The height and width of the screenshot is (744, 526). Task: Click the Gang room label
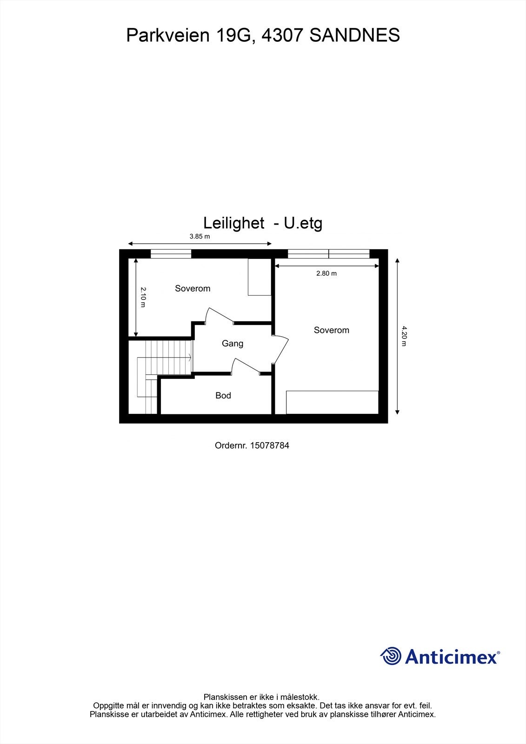[233, 344]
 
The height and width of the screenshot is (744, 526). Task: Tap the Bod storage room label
[223, 396]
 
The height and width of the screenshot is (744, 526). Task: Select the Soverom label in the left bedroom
[193, 289]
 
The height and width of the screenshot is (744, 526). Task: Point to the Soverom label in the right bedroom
[331, 331]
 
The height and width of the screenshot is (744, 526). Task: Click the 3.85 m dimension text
[200, 236]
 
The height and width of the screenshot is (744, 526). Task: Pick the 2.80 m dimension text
[326, 273]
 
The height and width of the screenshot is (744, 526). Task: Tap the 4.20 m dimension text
[404, 336]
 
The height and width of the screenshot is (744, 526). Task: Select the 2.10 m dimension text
[143, 297]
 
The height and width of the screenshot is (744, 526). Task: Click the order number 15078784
[270, 445]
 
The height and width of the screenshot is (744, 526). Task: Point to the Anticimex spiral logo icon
[391, 656]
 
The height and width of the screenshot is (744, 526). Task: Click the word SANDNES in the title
[354, 35]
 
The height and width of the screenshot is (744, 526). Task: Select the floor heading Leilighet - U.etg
[263, 223]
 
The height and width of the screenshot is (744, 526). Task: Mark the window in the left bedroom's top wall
[171, 254]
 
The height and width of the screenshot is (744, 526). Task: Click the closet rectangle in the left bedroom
[259, 277]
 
